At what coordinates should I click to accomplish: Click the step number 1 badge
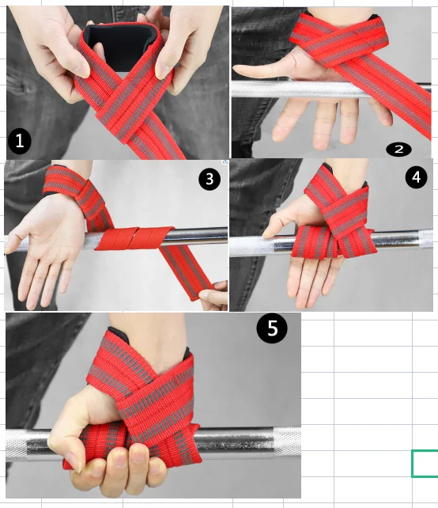point(20,142)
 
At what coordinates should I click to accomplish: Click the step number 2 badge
point(398,150)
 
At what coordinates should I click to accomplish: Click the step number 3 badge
point(210,179)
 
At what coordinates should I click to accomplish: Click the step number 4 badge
point(416,177)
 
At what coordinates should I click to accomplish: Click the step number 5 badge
point(272,328)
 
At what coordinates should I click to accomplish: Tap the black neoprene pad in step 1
point(121,45)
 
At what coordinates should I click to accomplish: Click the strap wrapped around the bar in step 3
point(134,238)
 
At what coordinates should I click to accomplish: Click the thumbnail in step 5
point(75,462)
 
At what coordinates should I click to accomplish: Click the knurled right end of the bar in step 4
point(425,239)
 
